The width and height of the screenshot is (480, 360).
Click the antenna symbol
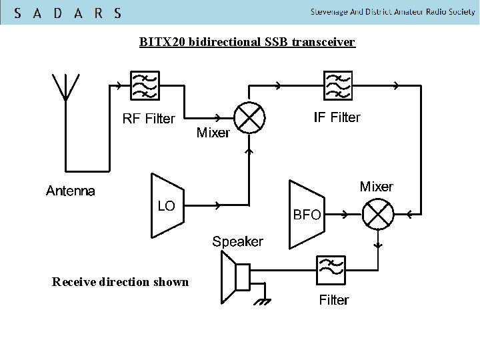[66, 87]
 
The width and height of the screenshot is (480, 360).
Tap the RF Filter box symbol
[146, 86]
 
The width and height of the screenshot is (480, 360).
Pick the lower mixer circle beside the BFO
[377, 215]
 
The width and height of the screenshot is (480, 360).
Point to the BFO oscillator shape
[306, 214]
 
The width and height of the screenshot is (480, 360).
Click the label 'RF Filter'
[149, 119]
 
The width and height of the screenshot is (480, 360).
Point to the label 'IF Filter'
[337, 118]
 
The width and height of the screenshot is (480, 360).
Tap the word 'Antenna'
[70, 192]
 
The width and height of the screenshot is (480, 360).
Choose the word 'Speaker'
[238, 241]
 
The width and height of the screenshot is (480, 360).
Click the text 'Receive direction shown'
[120, 283]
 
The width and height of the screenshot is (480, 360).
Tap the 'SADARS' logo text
[67, 13]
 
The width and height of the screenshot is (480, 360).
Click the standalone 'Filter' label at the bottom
[333, 301]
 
